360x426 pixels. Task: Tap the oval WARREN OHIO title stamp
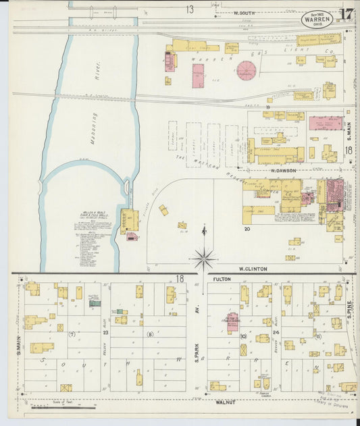click(x=316, y=18)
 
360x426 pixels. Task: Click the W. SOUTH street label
click(x=245, y=13)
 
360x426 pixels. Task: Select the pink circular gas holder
click(x=247, y=70)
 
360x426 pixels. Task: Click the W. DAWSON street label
click(x=284, y=171)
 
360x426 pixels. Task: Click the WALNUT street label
click(x=224, y=402)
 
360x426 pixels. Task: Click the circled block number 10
click(x=242, y=336)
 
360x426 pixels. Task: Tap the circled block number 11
click(x=317, y=336)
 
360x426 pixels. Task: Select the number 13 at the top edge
click(x=190, y=9)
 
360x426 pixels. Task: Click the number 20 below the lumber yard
click(x=247, y=229)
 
